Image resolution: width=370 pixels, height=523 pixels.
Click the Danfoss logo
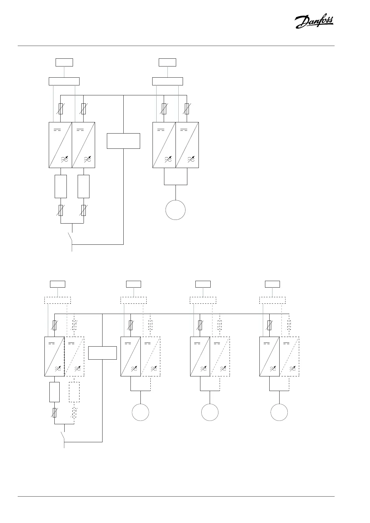pyautogui.click(x=314, y=22)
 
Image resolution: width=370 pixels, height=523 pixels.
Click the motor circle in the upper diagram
pyautogui.click(x=176, y=210)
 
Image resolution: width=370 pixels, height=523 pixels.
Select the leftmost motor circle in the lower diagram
pyautogui.click(x=140, y=412)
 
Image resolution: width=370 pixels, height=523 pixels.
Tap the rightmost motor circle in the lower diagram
pyautogui.click(x=279, y=412)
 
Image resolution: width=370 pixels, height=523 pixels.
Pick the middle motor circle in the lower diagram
pyautogui.click(x=210, y=412)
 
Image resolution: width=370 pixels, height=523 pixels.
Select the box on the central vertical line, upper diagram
pyautogui.click(x=123, y=141)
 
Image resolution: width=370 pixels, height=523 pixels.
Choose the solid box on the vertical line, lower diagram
pyautogui.click(x=102, y=353)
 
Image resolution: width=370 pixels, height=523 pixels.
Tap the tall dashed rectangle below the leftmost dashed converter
pyautogui.click(x=74, y=392)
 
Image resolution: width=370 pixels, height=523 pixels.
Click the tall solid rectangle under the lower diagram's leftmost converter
pyautogui.click(x=54, y=392)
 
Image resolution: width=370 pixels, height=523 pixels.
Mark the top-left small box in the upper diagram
pyautogui.click(x=64, y=62)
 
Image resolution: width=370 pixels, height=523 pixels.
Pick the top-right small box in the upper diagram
pyautogui.click(x=167, y=62)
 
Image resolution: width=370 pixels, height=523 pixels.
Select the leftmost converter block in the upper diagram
pyautogui.click(x=60, y=145)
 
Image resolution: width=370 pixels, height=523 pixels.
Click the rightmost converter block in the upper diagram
pyautogui.click(x=187, y=145)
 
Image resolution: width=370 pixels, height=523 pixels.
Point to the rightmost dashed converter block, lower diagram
pyautogui.click(x=289, y=357)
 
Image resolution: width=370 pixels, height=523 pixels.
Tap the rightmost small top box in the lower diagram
pyautogui.click(x=272, y=284)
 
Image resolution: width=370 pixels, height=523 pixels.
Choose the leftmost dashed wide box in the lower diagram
pyautogui.click(x=57, y=300)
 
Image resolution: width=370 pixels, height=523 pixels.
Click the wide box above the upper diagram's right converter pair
pyautogui.click(x=167, y=81)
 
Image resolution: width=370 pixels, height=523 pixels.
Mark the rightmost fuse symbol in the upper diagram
pyautogui.click(x=187, y=109)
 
